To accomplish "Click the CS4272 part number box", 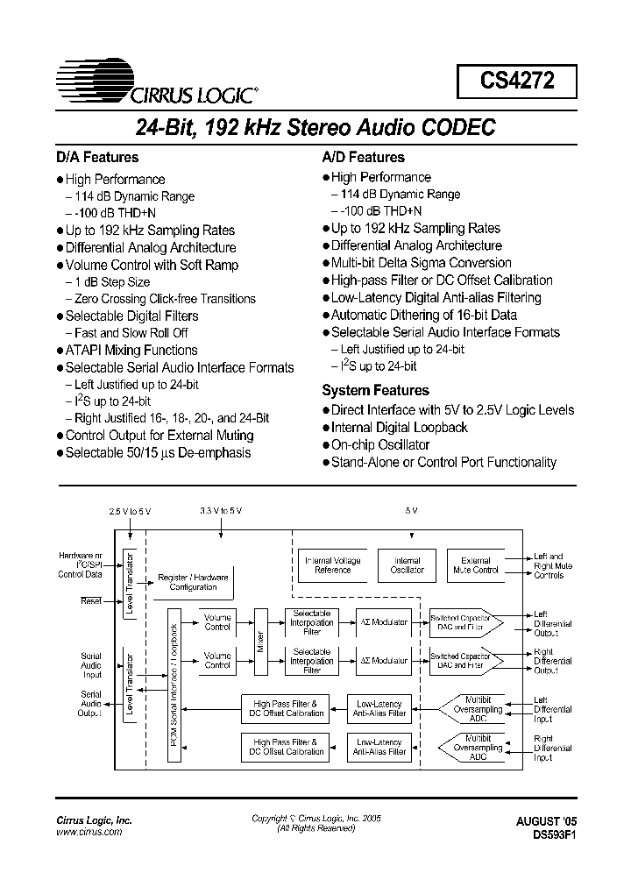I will pyautogui.click(x=516, y=82).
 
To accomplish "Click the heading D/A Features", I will pyautogui.click(x=97, y=158).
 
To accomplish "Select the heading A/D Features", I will pyautogui.click(x=364, y=158).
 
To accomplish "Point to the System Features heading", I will pyautogui.click(x=376, y=391).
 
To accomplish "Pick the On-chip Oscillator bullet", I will pyautogui.click(x=381, y=445).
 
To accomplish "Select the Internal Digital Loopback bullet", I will pyautogui.click(x=400, y=428).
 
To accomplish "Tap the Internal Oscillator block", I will pyautogui.click(x=407, y=565).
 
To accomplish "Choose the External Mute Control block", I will pyautogui.click(x=475, y=565).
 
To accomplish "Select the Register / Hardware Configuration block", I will pyautogui.click(x=194, y=582).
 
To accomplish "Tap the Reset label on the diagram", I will pyautogui.click(x=91, y=600).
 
